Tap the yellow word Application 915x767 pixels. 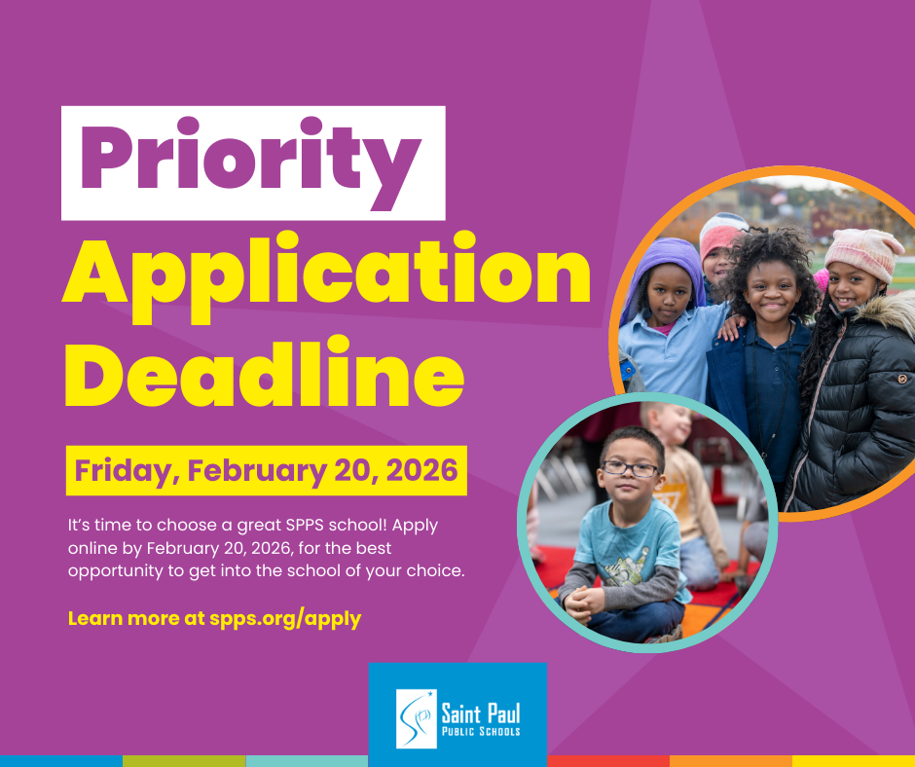click(326, 274)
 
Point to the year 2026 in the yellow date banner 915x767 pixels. click(420, 471)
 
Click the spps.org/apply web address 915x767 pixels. click(285, 618)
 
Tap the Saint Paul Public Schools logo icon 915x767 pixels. click(416, 718)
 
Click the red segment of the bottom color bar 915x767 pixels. click(607, 760)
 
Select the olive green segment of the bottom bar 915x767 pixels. click(184, 760)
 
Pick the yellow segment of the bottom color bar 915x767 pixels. click(853, 760)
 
